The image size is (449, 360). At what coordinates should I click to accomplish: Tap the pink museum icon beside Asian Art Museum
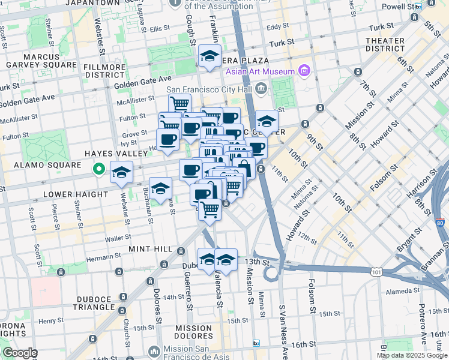point(304,72)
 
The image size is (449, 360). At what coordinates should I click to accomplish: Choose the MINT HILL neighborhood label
point(151,248)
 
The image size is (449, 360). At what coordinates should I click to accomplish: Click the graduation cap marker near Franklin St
point(209,56)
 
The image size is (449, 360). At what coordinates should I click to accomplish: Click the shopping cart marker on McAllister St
point(179,104)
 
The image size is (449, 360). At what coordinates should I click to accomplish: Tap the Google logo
point(19,353)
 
